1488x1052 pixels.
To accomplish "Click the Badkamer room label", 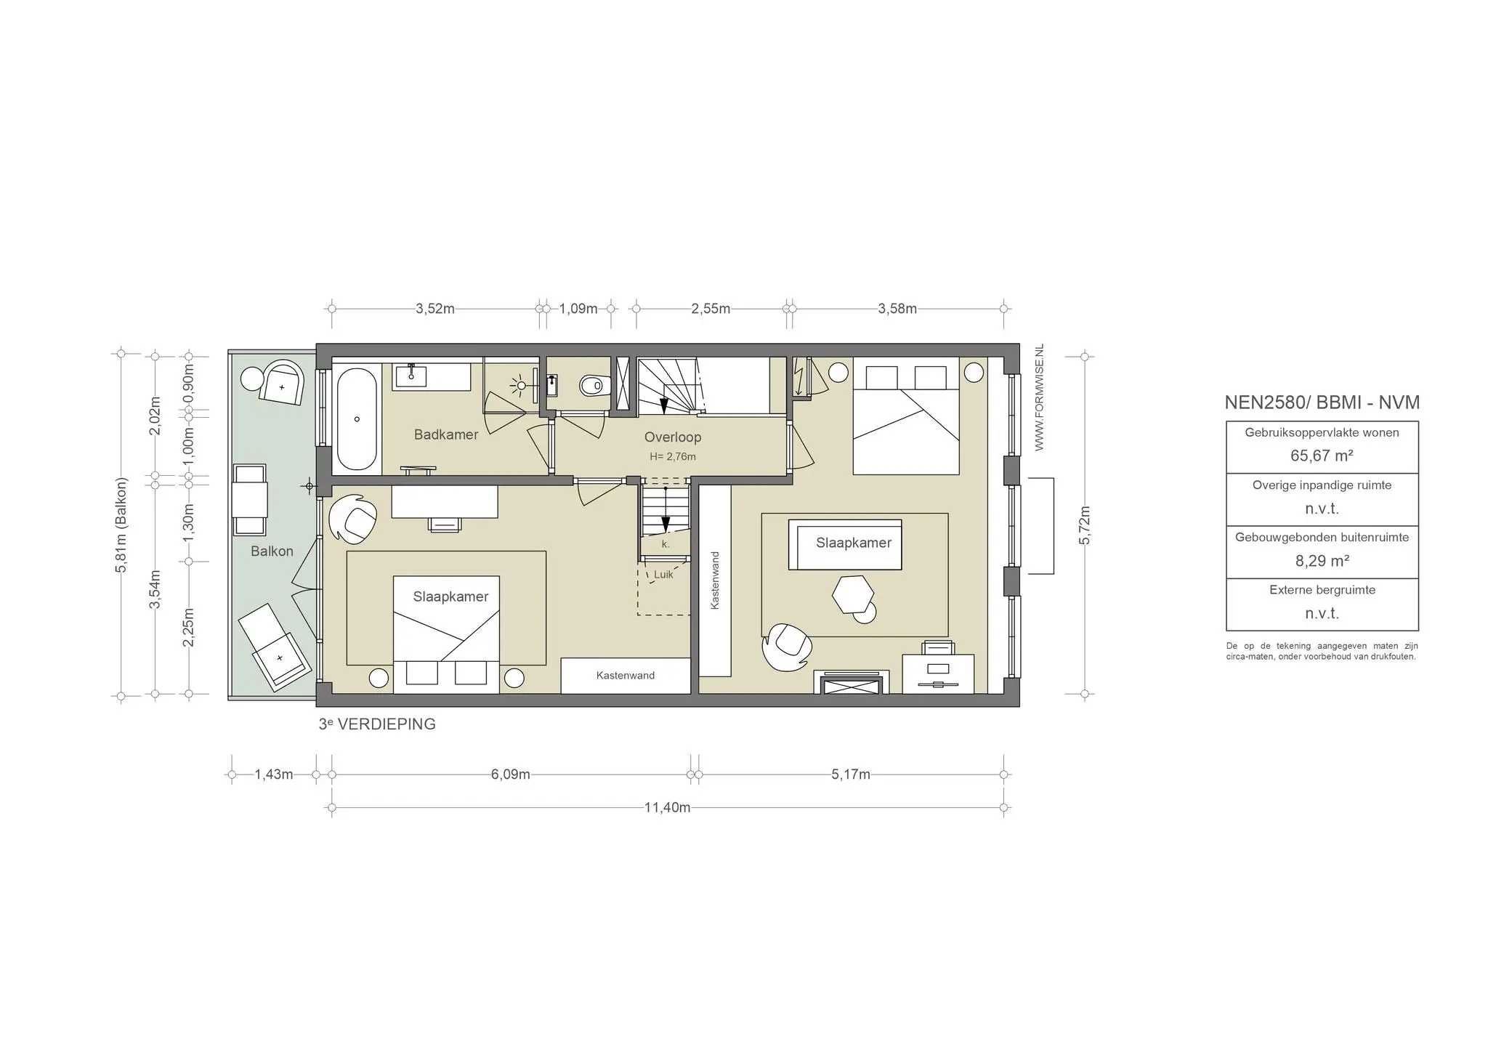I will point(445,434).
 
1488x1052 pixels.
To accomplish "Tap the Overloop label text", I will point(672,437).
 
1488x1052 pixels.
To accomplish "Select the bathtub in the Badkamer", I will point(356,419).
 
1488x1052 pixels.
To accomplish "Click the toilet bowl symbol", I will point(594,384).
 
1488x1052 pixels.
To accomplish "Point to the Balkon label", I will point(272,551).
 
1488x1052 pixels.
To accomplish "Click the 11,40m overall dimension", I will point(667,807).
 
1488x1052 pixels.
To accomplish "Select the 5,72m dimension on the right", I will point(1084,525).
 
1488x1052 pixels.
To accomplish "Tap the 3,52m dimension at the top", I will point(434,309).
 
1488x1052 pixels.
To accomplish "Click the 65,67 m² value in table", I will point(1321,456).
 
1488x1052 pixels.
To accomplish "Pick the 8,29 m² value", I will point(1321,561).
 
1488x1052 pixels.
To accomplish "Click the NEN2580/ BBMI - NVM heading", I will point(1322,402).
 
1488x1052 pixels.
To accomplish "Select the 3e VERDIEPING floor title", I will point(377,724).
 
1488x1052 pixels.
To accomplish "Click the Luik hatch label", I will point(663,575).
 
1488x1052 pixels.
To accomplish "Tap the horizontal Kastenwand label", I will point(625,676).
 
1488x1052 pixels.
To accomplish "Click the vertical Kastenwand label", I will point(715,580).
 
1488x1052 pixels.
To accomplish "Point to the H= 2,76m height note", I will point(672,457).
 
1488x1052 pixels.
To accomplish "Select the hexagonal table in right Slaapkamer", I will point(853,594).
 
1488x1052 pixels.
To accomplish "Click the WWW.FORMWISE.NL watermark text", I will point(1039,397).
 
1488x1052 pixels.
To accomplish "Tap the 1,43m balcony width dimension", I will point(274,774).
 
